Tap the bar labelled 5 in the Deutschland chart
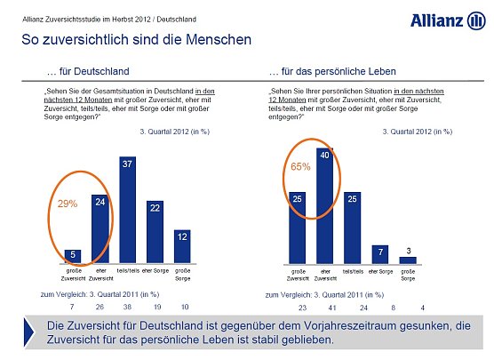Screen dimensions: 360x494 [72, 258]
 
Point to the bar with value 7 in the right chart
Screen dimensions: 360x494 [379, 254]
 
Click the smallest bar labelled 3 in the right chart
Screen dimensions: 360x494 [409, 260]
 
